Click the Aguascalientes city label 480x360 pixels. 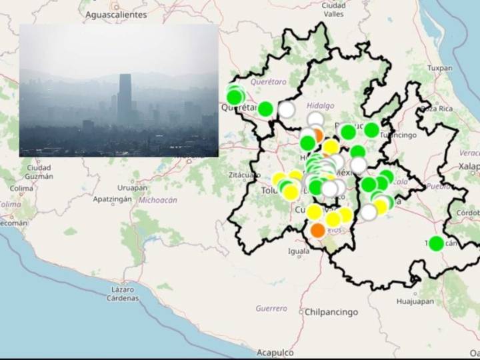117,13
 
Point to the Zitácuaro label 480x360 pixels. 245,175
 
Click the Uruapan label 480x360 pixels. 133,188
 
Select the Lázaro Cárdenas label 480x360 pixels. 123,294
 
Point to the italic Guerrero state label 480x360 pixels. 271,309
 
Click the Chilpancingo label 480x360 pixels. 331,312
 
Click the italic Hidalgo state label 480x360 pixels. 321,106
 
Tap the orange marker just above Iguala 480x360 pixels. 317,231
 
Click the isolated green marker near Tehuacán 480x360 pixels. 436,243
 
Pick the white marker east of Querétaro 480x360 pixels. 287,109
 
